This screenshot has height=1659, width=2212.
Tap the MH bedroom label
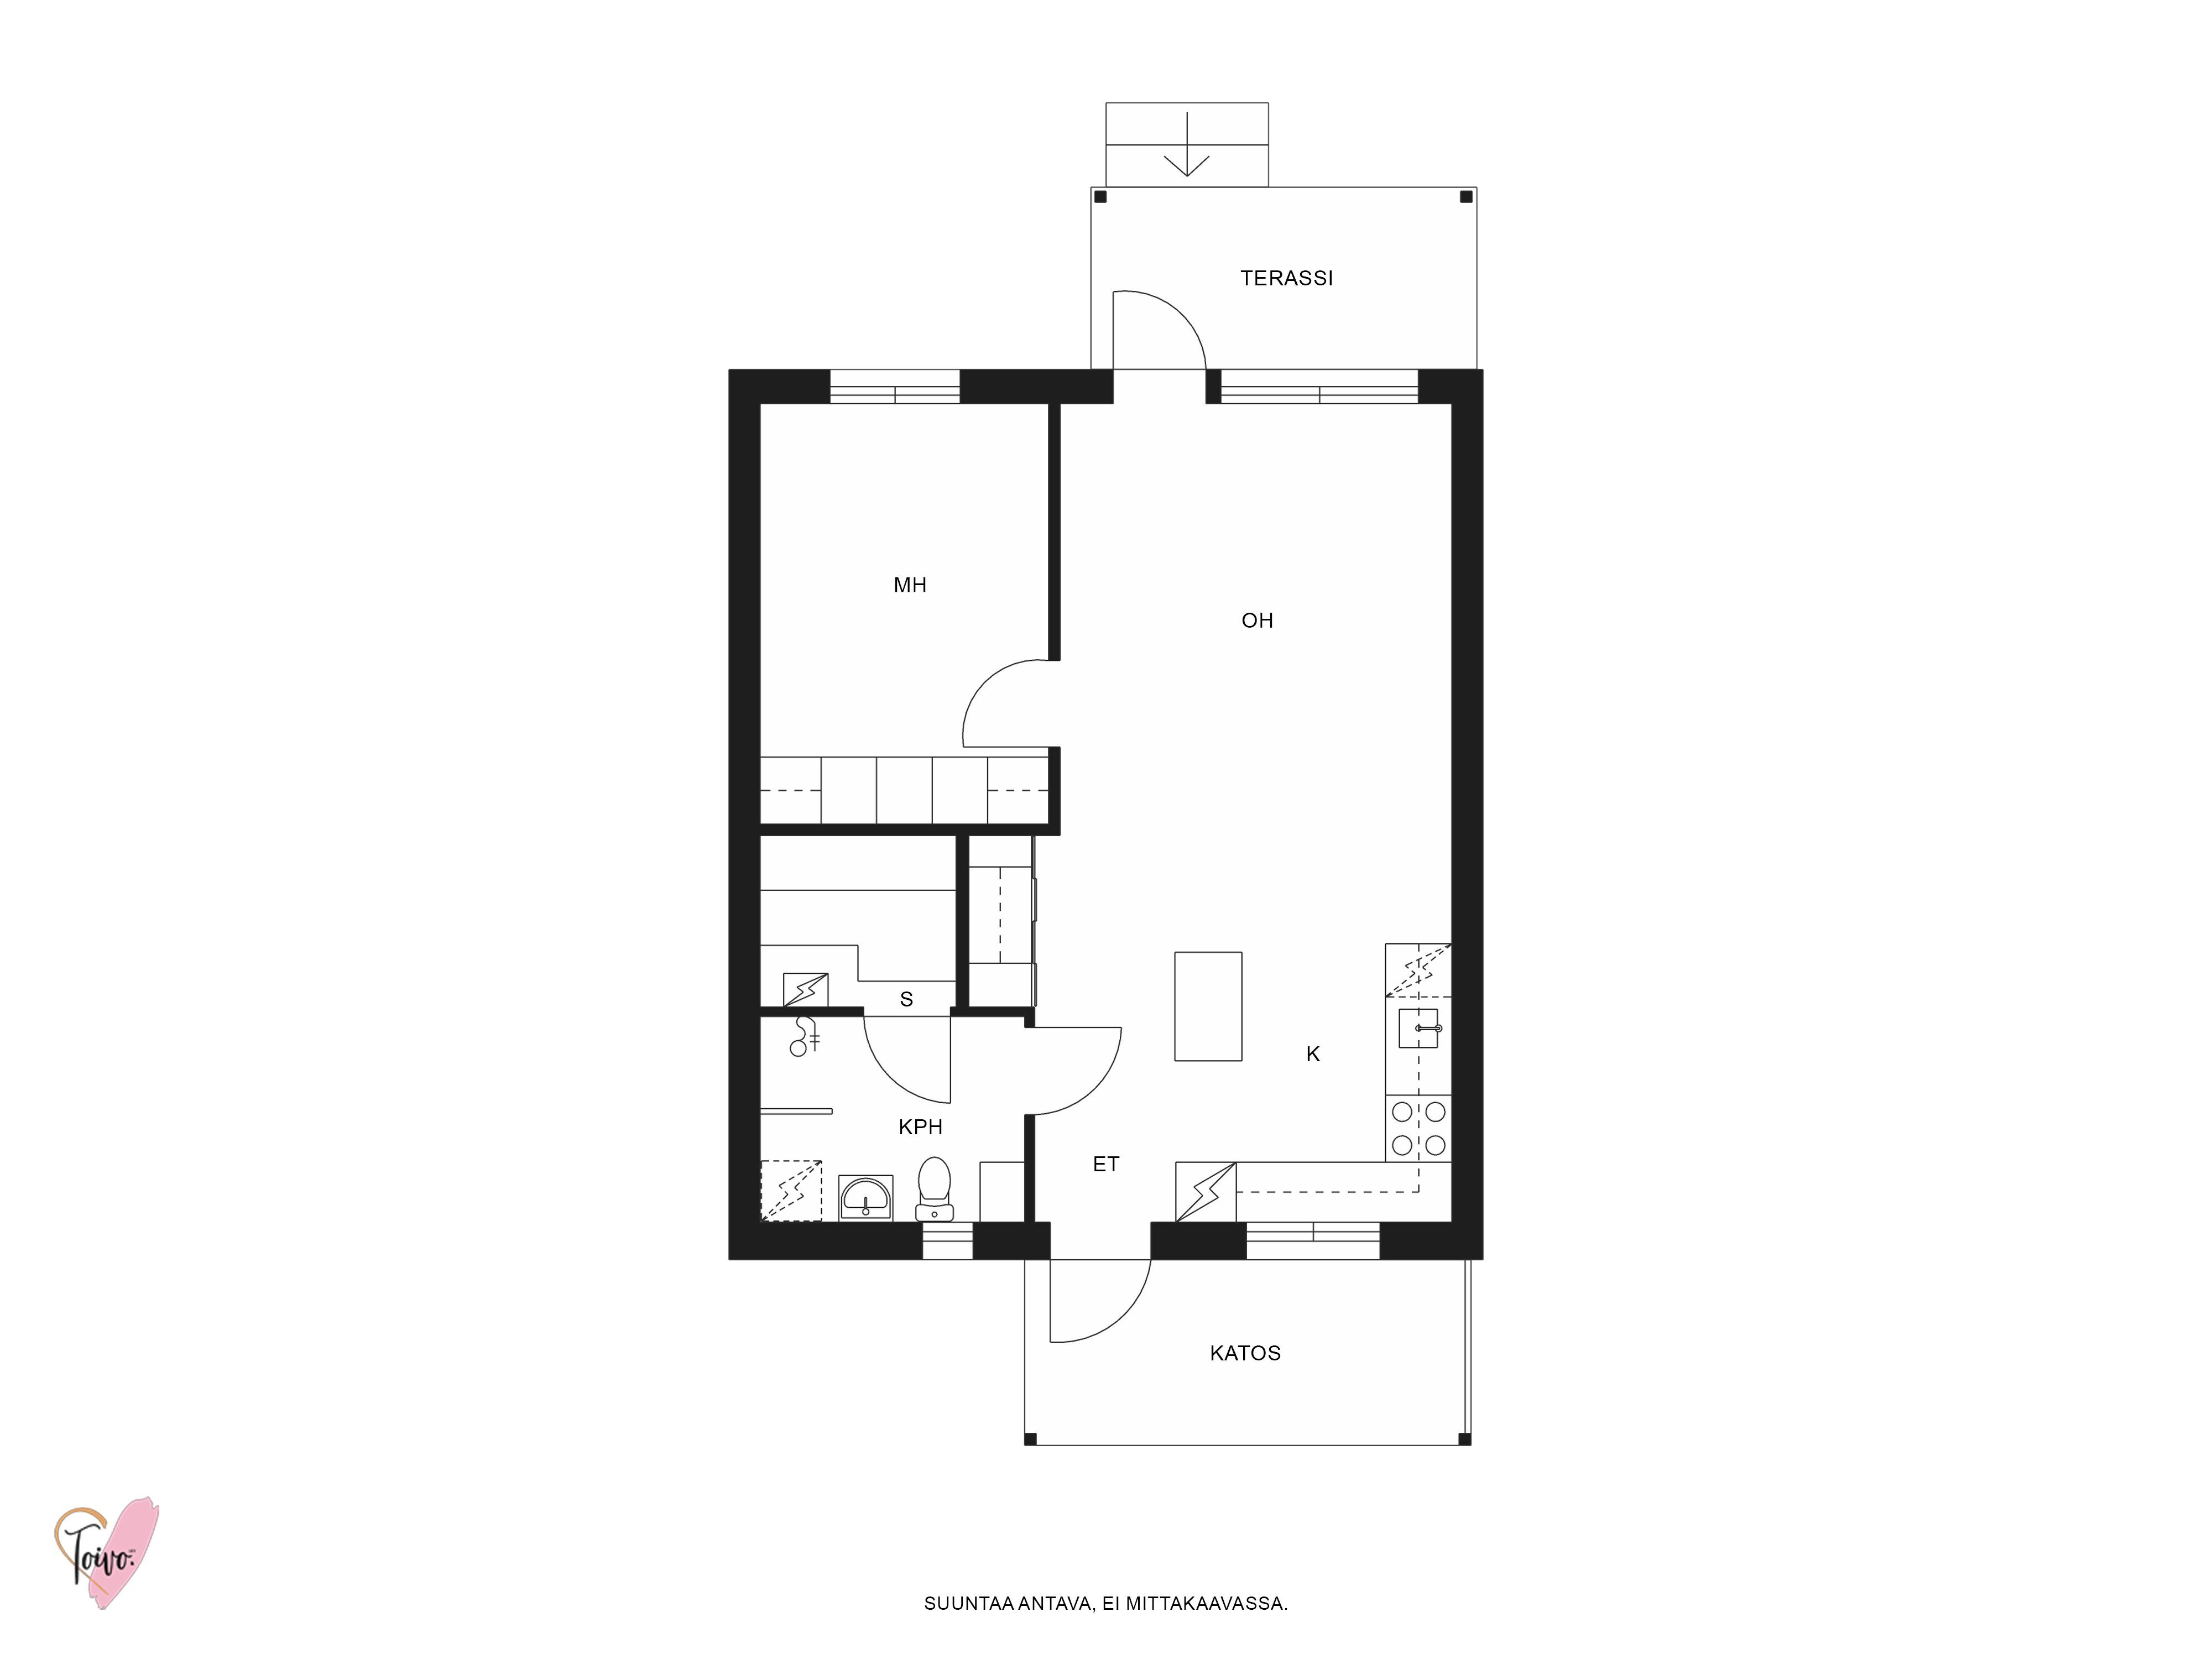(910, 585)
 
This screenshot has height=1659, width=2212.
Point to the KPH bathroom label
(920, 1127)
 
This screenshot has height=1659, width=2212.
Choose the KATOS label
(1245, 1353)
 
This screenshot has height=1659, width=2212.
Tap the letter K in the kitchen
(1313, 1054)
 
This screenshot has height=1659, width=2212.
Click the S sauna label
(906, 999)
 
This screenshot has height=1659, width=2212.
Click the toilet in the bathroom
(934, 1188)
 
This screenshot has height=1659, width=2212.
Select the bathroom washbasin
(865, 1198)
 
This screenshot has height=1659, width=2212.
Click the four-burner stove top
(1418, 1128)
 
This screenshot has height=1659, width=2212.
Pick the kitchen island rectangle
(1208, 1006)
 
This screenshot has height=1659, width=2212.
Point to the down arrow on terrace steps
(1187, 145)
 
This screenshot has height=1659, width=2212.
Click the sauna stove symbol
(805, 989)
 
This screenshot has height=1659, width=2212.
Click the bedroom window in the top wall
(895, 387)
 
